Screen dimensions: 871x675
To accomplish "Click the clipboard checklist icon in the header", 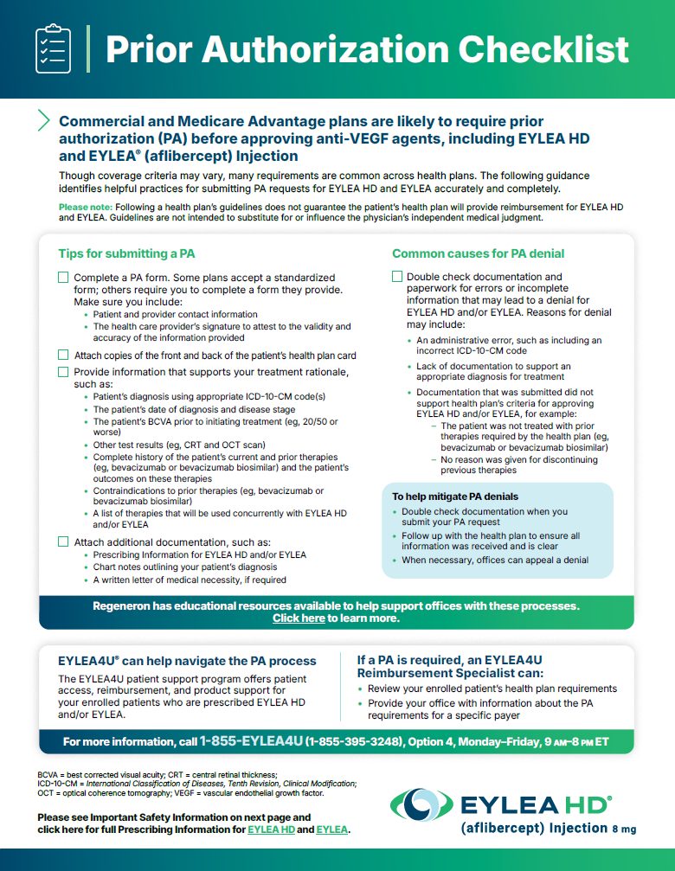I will pyautogui.click(x=51, y=48).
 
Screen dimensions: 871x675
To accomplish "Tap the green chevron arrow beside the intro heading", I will pyautogui.click(x=44, y=120).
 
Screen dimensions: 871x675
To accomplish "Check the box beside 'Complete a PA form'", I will pyautogui.click(x=63, y=278).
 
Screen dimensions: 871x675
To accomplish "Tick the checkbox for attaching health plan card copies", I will pyautogui.click(x=63, y=355).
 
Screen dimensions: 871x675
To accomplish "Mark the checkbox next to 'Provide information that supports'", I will pyautogui.click(x=63, y=372).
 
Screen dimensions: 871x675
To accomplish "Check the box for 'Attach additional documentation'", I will pyautogui.click(x=63, y=541).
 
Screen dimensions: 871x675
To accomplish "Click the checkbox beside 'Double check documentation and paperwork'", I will pyautogui.click(x=397, y=278).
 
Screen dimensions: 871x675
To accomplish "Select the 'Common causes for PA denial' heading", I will pyautogui.click(x=478, y=253).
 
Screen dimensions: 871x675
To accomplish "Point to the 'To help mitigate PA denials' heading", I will pyautogui.click(x=455, y=496).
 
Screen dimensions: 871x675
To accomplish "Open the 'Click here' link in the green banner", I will pyautogui.click(x=299, y=618).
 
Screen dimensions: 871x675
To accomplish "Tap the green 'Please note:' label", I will pyautogui.click(x=86, y=208).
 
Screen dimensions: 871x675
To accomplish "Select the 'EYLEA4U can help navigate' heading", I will pyautogui.click(x=187, y=661).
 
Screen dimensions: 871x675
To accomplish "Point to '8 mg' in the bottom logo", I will pyautogui.click(x=623, y=829).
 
